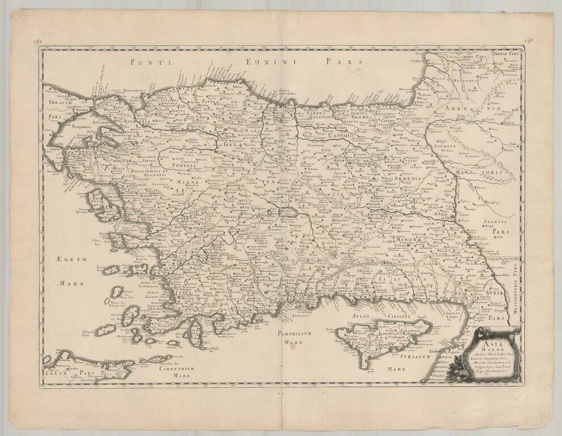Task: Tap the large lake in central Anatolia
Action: coord(288,212)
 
